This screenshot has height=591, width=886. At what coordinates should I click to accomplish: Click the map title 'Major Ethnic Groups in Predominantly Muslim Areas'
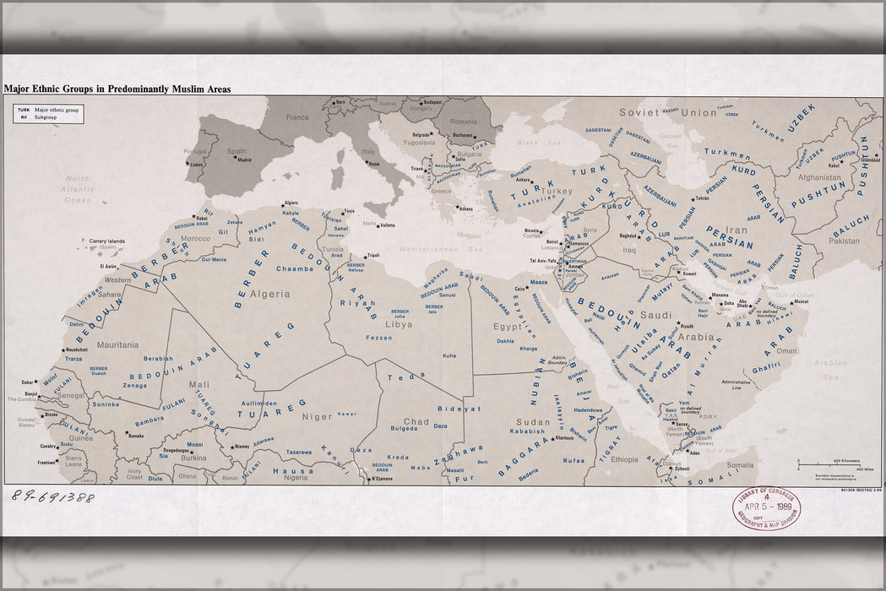pyautogui.click(x=117, y=89)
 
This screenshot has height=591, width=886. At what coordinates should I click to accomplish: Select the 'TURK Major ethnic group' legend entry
pyautogui.click(x=48, y=110)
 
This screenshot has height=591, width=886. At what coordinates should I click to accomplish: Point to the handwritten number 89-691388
pyautogui.click(x=52, y=496)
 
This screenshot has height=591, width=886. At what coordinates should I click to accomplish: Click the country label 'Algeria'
pyautogui.click(x=269, y=295)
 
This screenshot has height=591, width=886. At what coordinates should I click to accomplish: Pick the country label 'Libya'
pyautogui.click(x=399, y=323)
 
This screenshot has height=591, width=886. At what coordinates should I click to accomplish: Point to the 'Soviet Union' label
pyautogui.click(x=655, y=112)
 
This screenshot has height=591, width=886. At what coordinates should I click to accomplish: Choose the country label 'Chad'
pyautogui.click(x=416, y=421)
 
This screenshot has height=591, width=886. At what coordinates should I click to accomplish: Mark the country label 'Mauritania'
pyautogui.click(x=94, y=344)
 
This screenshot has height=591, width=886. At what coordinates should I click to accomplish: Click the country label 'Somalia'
pyautogui.click(x=740, y=464)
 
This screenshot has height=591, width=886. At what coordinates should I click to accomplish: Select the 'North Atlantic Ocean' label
pyautogui.click(x=78, y=189)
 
